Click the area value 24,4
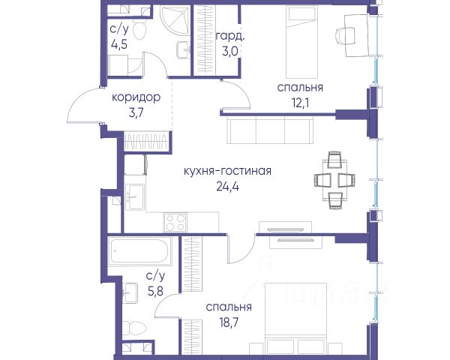click(227, 187)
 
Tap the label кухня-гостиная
click(227, 171)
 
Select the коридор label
click(136, 98)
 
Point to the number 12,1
click(301, 103)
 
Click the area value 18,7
click(229, 322)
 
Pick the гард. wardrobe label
click(230, 37)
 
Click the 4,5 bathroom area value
click(119, 45)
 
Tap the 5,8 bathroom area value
click(155, 292)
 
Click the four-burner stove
click(175, 222)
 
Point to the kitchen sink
click(135, 196)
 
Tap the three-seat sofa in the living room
click(270, 131)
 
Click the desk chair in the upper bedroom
click(345, 35)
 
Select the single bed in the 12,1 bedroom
click(302, 42)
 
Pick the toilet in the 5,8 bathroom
click(134, 328)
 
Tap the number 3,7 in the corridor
click(136, 113)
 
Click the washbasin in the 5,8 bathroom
click(130, 292)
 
